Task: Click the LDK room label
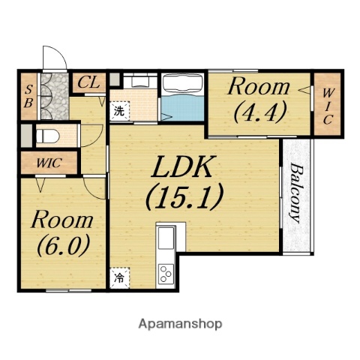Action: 181,166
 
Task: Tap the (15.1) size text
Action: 184,196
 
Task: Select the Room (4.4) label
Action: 259,100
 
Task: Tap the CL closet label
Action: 88,82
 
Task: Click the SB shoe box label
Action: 28,96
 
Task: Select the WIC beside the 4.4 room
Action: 327,106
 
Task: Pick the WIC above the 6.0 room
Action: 49,163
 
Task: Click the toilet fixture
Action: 48,136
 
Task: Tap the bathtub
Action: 183,84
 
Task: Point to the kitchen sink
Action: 166,237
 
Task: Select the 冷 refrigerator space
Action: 120,277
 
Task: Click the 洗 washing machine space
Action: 119,111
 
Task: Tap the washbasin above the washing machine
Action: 140,80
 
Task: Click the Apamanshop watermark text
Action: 180,324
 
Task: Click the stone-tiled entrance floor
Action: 55,96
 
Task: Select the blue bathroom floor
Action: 183,108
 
